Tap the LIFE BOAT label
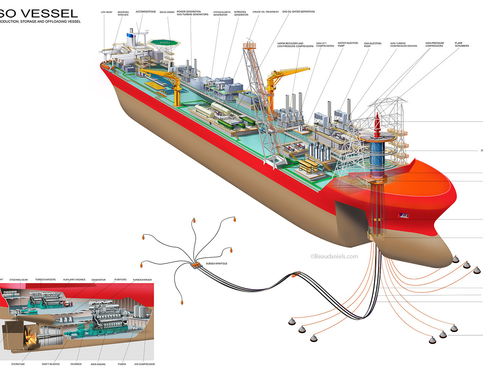(107, 12)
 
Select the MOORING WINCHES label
(123, 14)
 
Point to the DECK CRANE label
(167, 12)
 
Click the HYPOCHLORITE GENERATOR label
(222, 14)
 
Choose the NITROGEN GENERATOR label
(241, 14)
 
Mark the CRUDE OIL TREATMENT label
(266, 12)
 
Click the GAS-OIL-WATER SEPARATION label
(298, 12)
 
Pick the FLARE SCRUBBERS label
(461, 44)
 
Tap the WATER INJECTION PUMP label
(348, 44)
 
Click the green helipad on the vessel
(165, 42)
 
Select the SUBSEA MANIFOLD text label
(216, 264)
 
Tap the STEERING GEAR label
(18, 280)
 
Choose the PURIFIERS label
(120, 280)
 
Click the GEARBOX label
(76, 364)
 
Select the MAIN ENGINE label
(98, 364)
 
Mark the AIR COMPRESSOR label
(144, 364)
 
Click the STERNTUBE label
(18, 364)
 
